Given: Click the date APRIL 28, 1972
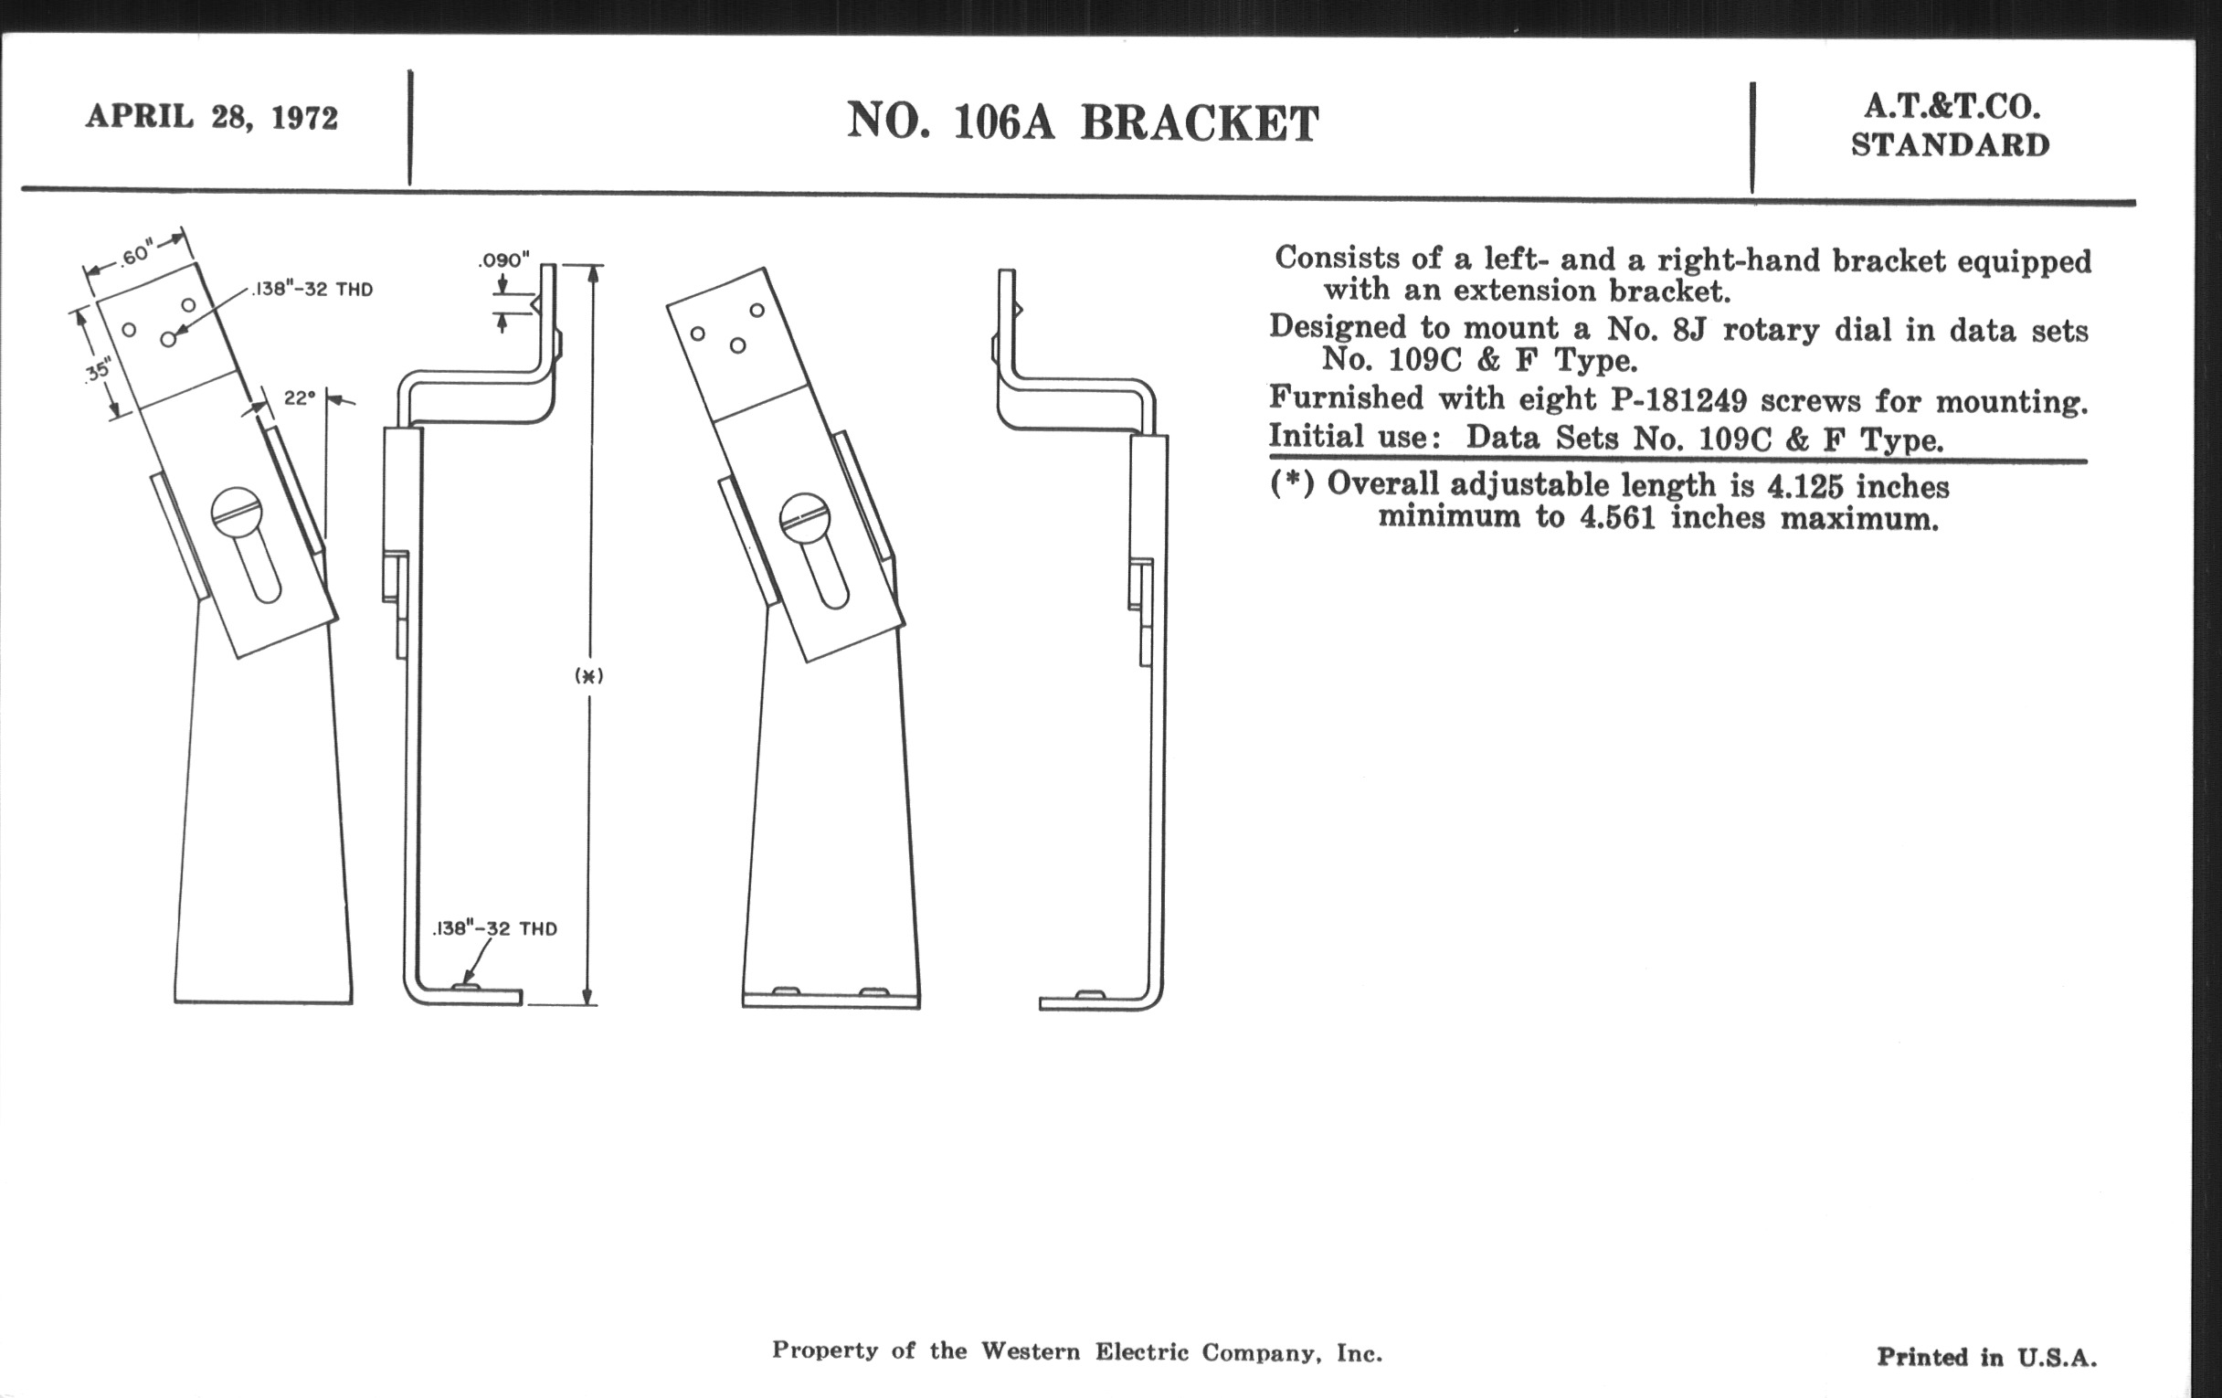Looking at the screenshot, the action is coord(212,117).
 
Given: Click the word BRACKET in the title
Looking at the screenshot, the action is coord(1200,122).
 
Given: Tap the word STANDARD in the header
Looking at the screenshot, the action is coord(1951,145).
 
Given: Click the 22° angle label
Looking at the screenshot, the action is coord(299,397).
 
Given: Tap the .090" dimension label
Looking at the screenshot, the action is coord(503,260).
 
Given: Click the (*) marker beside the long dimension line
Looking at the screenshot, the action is coord(588,675).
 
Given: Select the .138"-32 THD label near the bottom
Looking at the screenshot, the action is coord(494,928).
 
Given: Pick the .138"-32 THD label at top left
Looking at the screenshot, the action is coord(312,289).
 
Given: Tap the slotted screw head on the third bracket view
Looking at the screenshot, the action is coord(806,518).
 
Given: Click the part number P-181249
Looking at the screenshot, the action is coord(1679,399).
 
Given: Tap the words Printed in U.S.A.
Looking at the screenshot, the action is coord(1986,1357).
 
